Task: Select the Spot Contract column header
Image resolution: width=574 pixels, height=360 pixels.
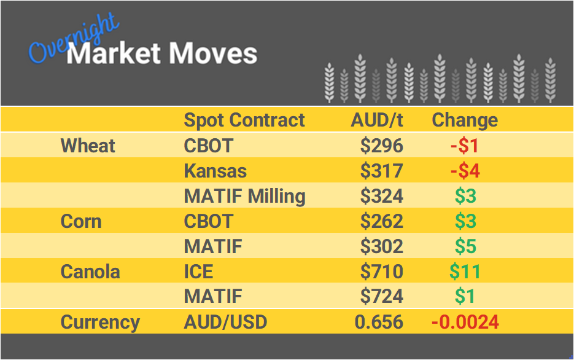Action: (244, 120)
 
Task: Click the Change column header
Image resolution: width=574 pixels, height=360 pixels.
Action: (465, 120)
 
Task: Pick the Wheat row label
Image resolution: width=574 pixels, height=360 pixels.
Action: (88, 146)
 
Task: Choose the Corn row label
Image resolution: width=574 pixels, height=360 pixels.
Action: (81, 221)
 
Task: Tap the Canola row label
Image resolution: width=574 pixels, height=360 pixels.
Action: (90, 272)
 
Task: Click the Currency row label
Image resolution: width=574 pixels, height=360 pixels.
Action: (100, 322)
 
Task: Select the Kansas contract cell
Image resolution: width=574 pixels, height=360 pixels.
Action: (215, 171)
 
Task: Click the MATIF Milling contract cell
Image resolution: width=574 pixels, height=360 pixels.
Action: (245, 196)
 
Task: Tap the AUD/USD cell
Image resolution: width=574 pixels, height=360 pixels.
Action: (225, 322)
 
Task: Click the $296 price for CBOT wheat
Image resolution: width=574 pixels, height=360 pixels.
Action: (381, 146)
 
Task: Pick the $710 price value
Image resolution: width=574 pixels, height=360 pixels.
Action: (381, 272)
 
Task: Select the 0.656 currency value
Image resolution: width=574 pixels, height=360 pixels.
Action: (379, 322)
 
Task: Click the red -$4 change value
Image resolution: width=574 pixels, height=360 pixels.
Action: (465, 171)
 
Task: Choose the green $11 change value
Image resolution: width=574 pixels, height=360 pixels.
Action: (465, 272)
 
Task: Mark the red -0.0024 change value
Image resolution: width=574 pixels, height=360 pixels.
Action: (465, 322)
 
